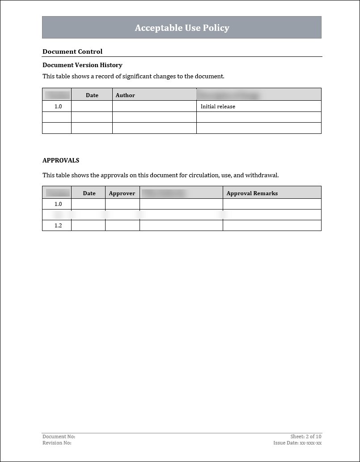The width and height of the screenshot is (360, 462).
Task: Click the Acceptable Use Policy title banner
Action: click(182, 28)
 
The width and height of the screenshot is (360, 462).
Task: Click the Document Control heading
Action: click(72, 51)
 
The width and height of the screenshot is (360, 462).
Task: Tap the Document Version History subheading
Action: click(82, 65)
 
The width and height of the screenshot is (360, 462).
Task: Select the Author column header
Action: click(125, 95)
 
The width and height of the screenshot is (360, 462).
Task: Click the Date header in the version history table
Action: click(92, 95)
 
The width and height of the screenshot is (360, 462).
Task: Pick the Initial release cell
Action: click(218, 107)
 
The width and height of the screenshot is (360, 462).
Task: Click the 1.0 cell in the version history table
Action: click(58, 107)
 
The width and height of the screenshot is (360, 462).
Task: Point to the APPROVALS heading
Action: click(61, 160)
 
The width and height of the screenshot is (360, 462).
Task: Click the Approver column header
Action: click(122, 193)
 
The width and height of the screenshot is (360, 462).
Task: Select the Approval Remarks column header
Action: click(252, 193)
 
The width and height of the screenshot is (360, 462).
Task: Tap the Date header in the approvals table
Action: click(89, 193)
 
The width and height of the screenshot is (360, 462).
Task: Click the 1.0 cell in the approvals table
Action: click(58, 204)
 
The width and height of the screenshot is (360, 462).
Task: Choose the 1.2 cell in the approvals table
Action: click(58, 226)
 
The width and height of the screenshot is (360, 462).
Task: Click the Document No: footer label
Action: click(59, 436)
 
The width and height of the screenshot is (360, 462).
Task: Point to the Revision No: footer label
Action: click(57, 443)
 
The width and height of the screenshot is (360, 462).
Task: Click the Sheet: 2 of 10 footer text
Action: click(306, 436)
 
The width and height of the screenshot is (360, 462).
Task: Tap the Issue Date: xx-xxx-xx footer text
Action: click(297, 443)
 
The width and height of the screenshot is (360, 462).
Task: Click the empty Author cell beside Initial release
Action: click(154, 107)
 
